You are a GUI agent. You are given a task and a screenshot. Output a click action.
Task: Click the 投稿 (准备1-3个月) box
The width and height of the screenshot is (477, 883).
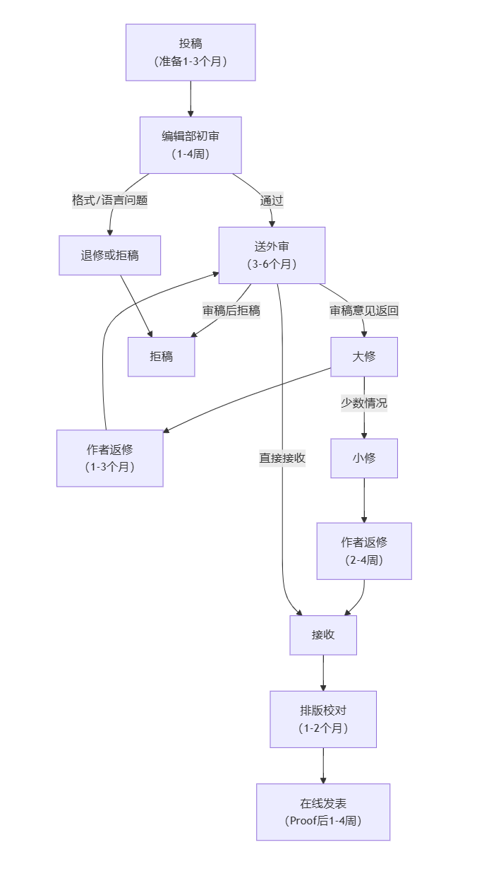[191, 52]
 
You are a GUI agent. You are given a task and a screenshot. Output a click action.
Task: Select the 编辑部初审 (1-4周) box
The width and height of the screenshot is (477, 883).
[191, 145]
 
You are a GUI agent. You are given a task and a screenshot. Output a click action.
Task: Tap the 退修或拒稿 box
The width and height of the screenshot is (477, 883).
[110, 255]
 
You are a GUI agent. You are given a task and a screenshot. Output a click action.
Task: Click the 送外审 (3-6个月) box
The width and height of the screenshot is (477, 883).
[272, 255]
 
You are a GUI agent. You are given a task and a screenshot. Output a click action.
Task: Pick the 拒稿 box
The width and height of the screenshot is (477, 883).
[161, 357]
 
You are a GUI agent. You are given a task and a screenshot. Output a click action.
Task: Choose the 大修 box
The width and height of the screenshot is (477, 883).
[364, 357]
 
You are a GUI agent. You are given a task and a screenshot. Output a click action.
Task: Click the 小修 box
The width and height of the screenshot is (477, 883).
[364, 458]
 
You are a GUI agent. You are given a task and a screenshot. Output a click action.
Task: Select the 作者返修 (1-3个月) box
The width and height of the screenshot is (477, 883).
[110, 458]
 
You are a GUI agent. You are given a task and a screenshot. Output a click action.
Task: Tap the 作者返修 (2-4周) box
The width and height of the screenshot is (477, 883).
[364, 551]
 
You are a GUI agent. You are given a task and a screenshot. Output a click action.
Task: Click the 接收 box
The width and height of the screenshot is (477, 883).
[323, 635]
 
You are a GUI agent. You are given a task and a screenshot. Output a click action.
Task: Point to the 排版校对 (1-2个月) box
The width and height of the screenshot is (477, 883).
[323, 719]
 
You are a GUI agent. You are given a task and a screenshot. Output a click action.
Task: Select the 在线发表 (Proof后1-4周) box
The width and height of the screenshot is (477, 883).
[323, 812]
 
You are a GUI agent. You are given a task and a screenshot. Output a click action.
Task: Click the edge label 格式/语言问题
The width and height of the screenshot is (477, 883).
[110, 200]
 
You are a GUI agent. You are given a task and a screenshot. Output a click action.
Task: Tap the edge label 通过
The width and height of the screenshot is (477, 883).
[272, 200]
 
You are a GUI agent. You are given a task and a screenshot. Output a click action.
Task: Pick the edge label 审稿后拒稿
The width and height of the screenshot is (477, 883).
[231, 310]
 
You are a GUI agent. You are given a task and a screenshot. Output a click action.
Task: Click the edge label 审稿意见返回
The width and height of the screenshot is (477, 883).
[364, 310]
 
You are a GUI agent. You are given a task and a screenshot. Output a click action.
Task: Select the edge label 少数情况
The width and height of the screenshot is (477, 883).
[364, 403]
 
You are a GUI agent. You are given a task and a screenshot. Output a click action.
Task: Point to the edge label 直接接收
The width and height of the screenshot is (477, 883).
[282, 458]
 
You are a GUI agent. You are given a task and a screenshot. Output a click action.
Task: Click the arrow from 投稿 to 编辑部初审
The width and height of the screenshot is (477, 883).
[191, 99]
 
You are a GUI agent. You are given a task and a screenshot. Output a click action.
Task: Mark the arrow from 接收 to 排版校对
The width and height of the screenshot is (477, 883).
[323, 672]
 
